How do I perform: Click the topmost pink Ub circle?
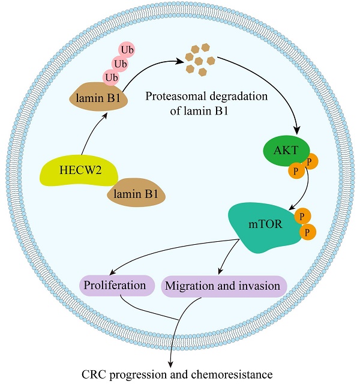[127, 49]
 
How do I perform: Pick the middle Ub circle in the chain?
[119, 63]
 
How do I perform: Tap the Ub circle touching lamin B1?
[111, 77]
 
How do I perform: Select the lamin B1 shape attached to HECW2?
[135, 193]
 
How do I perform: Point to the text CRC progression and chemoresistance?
[176, 374]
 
